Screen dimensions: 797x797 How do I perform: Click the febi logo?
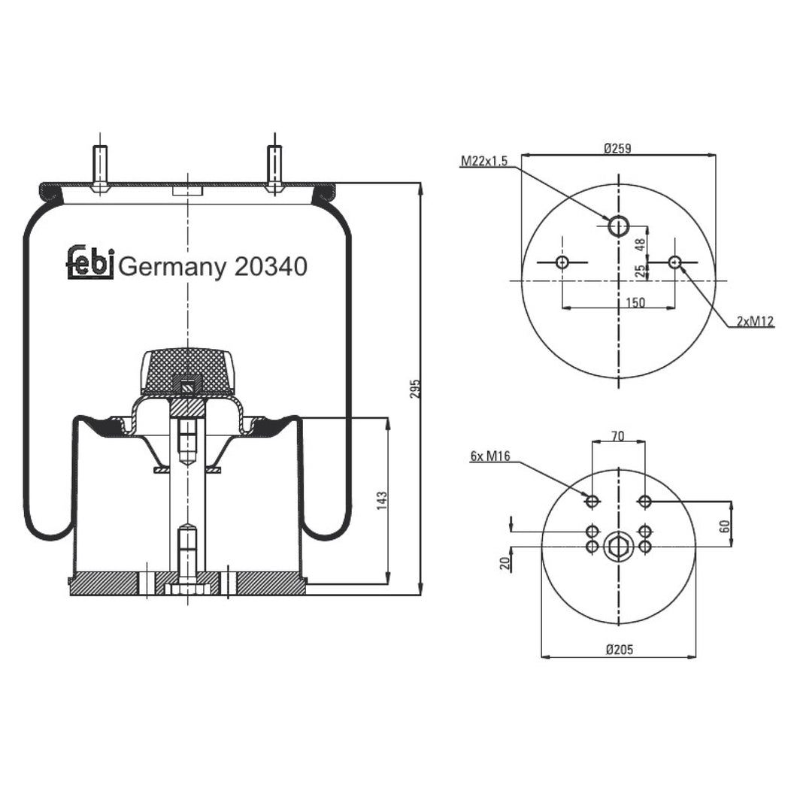pos(90,262)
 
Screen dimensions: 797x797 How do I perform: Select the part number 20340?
pos(271,266)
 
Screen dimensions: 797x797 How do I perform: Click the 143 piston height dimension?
pos(383,499)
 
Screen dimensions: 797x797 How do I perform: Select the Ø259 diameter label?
pos(617,148)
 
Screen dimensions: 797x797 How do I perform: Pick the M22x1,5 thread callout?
pos(484,161)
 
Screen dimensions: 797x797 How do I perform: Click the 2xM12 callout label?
pos(754,322)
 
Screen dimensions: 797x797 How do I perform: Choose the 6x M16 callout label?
pos(490,456)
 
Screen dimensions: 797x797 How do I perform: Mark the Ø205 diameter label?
pos(617,649)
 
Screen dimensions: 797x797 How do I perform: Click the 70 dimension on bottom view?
pos(617,435)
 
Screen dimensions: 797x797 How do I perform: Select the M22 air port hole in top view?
pos(618,225)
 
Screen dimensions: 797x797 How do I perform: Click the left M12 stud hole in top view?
pos(562,262)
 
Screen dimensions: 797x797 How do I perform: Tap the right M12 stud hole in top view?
pos(674,262)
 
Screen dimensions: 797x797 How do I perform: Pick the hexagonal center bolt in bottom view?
pos(618,547)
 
